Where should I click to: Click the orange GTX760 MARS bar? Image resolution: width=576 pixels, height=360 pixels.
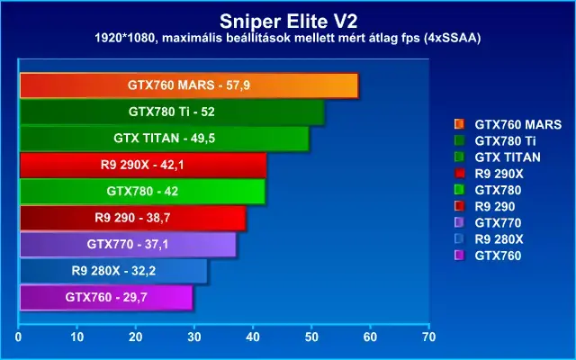(x=189, y=85)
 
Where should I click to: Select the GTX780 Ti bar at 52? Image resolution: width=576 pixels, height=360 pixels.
(x=172, y=112)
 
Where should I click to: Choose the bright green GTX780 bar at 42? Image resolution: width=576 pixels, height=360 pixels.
(x=142, y=192)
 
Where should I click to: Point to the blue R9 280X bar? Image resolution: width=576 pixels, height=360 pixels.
(x=113, y=271)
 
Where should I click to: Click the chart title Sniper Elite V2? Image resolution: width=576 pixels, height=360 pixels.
(x=288, y=22)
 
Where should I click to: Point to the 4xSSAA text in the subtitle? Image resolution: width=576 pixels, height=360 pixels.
(x=452, y=38)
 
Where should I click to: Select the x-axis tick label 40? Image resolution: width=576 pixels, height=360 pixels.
(x=253, y=337)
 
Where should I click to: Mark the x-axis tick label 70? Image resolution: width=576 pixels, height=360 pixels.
(x=428, y=337)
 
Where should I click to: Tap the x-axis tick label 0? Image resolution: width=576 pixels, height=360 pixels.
(x=18, y=337)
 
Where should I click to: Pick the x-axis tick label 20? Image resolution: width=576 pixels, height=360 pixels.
(x=136, y=337)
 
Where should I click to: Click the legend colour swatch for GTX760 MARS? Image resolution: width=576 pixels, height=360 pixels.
(x=459, y=124)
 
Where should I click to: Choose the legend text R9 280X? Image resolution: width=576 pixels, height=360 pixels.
(x=499, y=239)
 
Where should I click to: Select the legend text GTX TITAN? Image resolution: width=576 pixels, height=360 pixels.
(x=508, y=157)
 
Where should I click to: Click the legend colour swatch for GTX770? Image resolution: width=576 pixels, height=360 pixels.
(x=459, y=222)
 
